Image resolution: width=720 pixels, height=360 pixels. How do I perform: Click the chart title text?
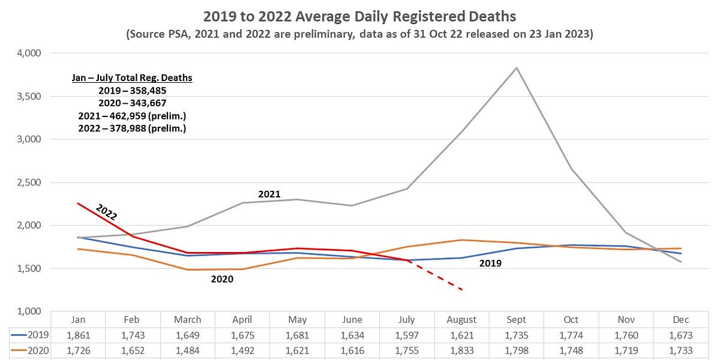(359, 16)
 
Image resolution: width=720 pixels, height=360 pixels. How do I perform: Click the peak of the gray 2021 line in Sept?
(517, 68)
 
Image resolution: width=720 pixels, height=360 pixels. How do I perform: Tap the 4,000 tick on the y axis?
(28, 53)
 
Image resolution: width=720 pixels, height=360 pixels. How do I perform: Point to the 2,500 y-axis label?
(28, 182)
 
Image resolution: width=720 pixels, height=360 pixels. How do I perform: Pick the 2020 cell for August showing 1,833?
(461, 350)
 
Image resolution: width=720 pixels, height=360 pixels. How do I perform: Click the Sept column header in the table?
(517, 320)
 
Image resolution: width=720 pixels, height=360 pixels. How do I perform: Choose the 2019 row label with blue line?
(27, 335)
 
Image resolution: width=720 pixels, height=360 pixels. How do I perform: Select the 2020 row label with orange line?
(27, 350)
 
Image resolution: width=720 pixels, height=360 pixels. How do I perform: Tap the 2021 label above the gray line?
(269, 194)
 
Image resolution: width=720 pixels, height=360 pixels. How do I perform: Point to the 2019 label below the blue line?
(490, 263)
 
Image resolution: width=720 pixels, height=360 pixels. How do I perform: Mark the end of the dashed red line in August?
(461, 290)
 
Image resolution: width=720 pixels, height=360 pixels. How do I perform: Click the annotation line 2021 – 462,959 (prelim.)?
(132, 116)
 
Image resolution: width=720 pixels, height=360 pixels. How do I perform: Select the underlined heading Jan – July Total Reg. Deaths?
(132, 78)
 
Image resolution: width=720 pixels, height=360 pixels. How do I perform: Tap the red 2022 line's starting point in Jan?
(77, 203)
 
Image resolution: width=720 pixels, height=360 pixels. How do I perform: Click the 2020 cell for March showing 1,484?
(187, 350)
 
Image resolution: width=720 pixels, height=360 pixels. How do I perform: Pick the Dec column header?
(682, 320)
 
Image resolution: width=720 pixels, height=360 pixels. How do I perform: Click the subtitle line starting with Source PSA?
(359, 34)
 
